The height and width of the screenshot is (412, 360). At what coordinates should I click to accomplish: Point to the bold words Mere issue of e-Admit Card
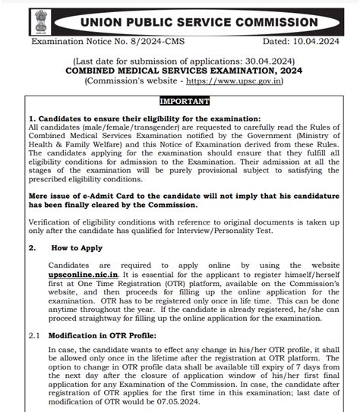[x=92, y=194]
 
